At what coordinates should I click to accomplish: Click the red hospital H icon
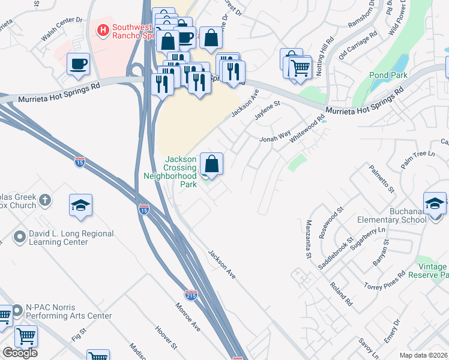click(x=103, y=29)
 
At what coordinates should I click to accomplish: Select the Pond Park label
click(x=389, y=75)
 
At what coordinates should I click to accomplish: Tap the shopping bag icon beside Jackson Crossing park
click(x=211, y=164)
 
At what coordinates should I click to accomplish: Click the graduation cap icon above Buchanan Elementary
click(x=435, y=204)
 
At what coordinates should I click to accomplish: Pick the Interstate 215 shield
click(x=191, y=294)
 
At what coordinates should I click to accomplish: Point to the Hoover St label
click(x=165, y=338)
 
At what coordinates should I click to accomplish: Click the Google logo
click(x=20, y=353)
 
